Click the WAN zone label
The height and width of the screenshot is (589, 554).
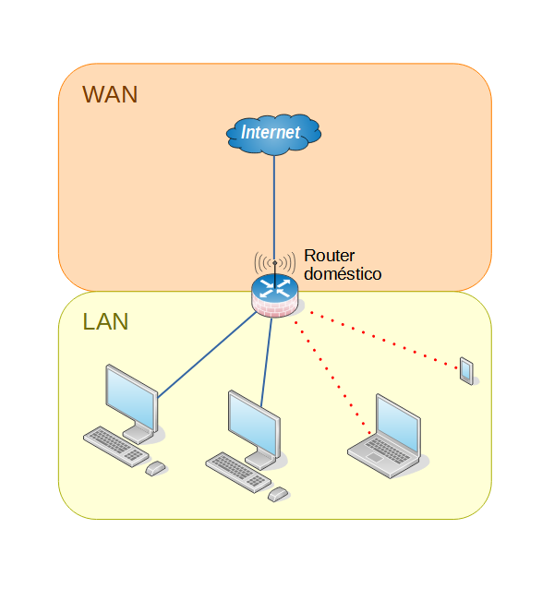tap(110, 94)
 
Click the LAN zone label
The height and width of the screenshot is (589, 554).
tap(105, 322)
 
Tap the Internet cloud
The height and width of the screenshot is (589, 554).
tap(273, 133)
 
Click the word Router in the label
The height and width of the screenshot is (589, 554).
tap(330, 256)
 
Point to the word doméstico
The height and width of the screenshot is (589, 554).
tap(343, 274)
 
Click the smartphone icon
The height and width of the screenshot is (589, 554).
tap(466, 370)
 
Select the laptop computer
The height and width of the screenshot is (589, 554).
tap(386, 435)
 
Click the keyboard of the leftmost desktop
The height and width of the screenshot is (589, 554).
tap(114, 444)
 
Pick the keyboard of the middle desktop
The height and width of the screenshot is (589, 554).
tap(237, 470)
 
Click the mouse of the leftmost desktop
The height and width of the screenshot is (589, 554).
tap(156, 468)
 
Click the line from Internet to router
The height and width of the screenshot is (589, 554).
tap(274, 203)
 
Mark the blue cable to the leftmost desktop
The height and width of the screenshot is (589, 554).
tap(208, 355)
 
